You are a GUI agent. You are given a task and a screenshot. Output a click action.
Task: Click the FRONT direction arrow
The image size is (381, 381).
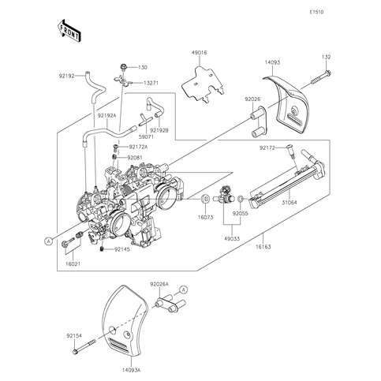69,31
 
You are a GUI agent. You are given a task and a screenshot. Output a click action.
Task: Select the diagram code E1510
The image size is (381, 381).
316,12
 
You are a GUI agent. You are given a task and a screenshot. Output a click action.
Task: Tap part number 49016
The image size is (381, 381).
200,53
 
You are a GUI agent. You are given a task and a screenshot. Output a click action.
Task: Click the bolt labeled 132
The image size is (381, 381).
321,77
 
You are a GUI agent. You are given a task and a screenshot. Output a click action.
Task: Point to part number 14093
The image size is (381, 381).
272,62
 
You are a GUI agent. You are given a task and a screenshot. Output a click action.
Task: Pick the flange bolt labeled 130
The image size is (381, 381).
123,67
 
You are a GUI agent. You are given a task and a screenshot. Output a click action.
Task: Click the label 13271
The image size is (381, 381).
151,83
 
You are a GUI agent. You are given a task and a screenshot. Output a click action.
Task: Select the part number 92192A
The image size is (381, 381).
107,115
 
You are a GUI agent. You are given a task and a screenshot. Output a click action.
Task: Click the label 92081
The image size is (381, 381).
135,158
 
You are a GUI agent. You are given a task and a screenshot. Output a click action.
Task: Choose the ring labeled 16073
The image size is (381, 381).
205,199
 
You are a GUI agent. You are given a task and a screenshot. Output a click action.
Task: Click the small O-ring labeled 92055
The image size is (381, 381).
241,199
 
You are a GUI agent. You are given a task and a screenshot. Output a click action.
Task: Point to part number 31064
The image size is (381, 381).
289,203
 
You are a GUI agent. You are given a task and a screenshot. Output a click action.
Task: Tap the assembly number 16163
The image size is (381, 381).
263,247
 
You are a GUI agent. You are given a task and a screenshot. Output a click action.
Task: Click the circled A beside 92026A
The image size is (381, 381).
184,289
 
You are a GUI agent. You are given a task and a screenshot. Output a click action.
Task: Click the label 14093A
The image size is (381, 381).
131,370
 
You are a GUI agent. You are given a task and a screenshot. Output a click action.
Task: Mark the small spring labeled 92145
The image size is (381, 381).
102,248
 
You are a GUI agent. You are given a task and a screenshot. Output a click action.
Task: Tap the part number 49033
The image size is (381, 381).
232,239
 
